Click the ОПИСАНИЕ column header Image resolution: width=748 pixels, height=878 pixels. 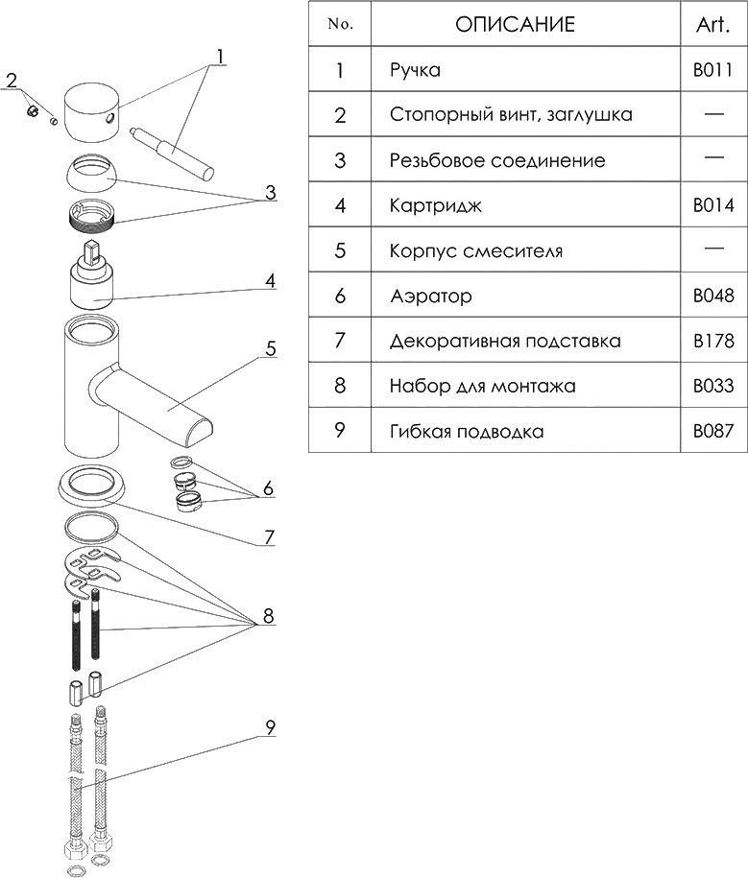point(515,24)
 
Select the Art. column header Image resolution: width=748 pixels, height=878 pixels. point(712,25)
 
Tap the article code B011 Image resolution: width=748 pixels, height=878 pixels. point(712,70)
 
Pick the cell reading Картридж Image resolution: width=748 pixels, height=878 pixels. point(435,206)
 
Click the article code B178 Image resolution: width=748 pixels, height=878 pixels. point(713,341)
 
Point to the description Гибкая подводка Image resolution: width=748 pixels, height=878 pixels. point(467,431)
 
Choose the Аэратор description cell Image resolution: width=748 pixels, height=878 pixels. point(431,296)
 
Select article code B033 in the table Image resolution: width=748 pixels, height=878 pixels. point(713,385)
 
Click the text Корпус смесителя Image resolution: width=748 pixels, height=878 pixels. point(476,250)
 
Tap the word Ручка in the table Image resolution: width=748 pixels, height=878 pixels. point(415,71)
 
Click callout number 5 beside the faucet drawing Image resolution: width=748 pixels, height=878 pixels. point(271,348)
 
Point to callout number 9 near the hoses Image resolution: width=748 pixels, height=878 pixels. point(271,727)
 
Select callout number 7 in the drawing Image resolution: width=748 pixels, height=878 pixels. point(270,537)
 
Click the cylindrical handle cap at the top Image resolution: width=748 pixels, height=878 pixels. point(91,112)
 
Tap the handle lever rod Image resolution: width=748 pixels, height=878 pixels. point(172,153)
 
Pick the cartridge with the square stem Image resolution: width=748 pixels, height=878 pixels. point(92,275)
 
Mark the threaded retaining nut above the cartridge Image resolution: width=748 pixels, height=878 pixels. point(92,214)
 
